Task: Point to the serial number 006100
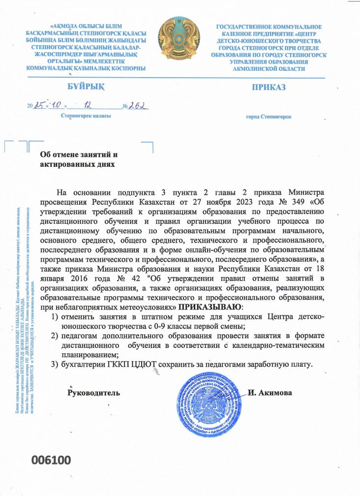52,460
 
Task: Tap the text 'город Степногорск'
269,117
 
